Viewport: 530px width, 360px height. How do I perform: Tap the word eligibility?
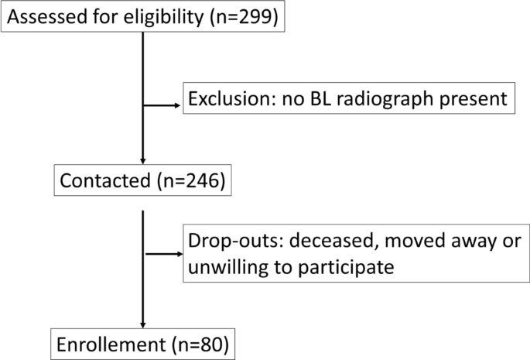(166, 18)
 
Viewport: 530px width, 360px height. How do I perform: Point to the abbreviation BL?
(327, 99)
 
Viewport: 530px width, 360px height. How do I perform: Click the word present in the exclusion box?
(477, 99)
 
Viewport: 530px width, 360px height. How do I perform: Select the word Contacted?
(103, 183)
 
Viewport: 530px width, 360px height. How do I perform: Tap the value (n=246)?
(190, 183)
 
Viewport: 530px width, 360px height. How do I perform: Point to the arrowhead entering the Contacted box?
(144, 159)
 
